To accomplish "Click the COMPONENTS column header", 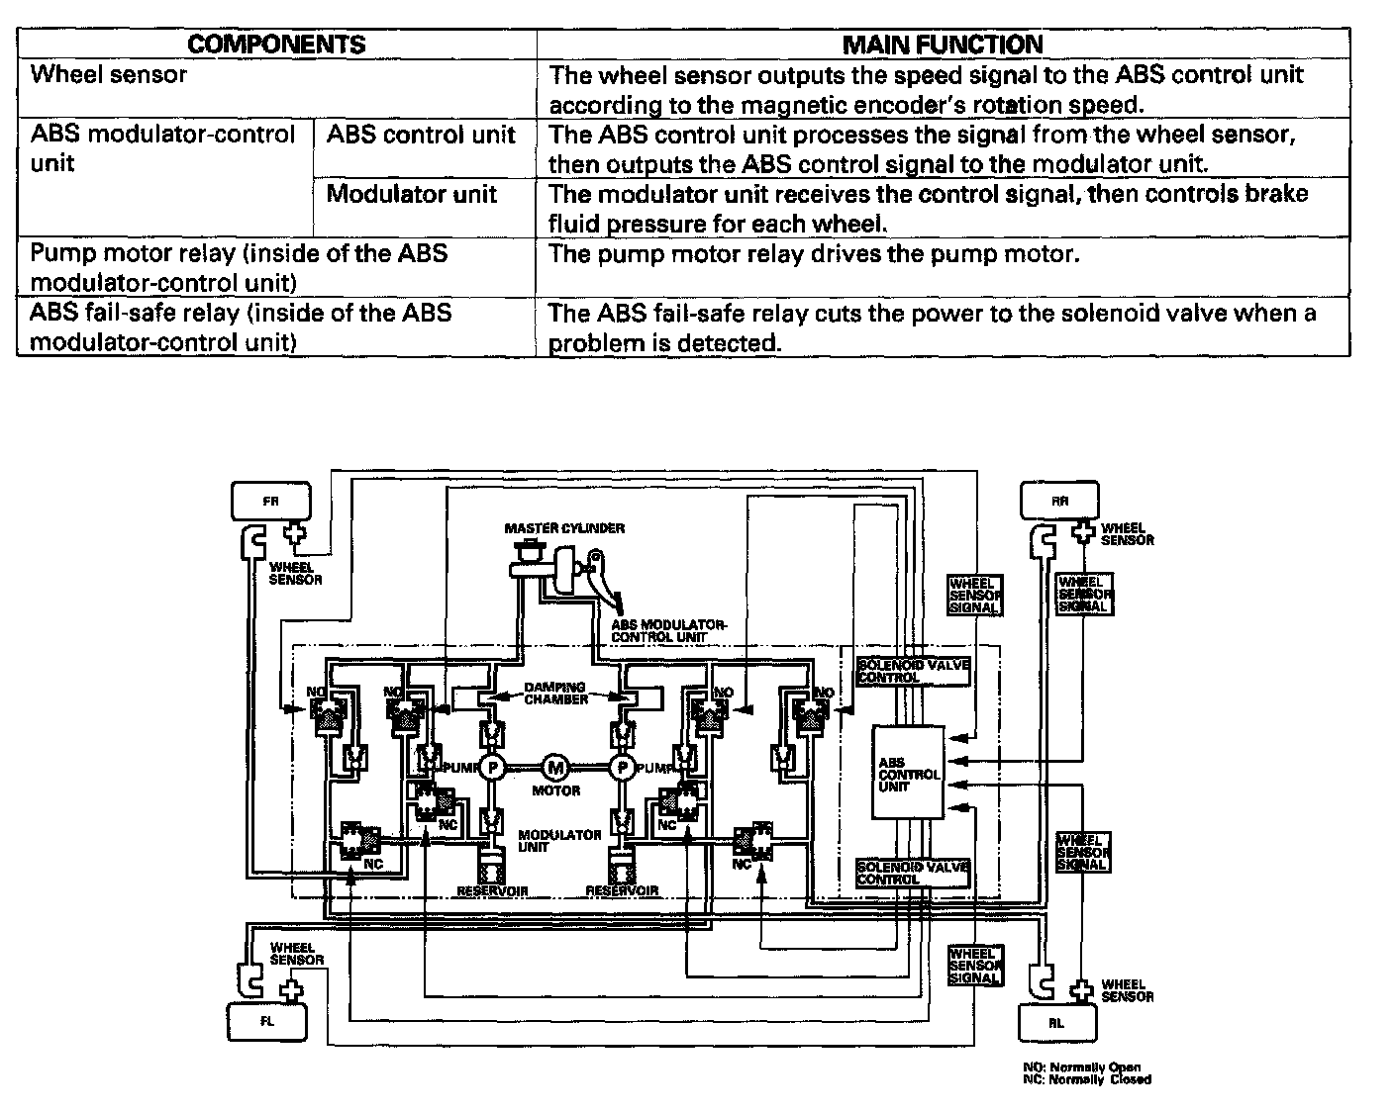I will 276,45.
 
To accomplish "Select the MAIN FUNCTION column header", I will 942,45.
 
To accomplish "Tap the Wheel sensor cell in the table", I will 109,74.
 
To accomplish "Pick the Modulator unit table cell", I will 411,194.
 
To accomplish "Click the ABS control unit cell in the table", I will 421,135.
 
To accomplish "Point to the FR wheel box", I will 270,501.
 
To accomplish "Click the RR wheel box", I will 1059,501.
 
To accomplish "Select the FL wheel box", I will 267,1022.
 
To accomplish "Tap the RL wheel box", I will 1057,1023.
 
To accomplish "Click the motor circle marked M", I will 555,767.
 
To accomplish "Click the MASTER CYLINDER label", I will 564,528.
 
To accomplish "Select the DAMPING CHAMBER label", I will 554,693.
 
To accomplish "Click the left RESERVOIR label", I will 492,891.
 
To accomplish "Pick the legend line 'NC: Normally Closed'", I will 1086,1080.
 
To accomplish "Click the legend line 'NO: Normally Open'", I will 1081,1068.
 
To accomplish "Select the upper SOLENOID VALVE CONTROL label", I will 913,671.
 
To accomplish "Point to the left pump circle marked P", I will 492,768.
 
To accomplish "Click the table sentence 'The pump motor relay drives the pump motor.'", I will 813,254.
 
